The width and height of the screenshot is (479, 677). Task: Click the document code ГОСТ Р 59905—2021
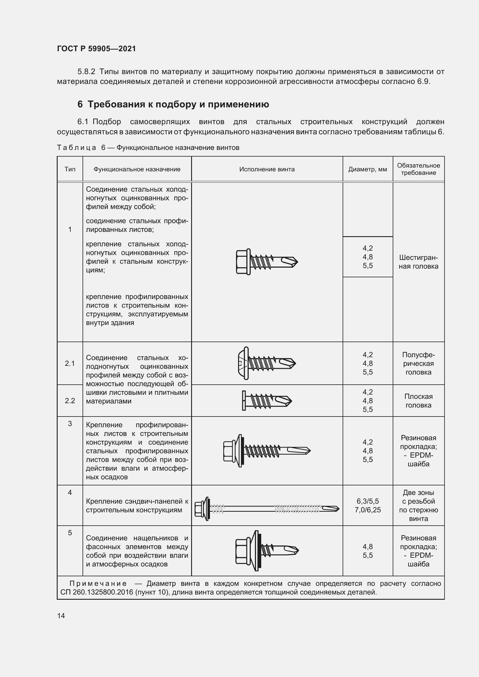point(96,49)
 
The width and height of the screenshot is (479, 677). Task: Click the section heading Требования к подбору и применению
point(178,104)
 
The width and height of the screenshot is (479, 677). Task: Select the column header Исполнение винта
point(267,169)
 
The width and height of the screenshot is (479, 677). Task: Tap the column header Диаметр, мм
point(367,169)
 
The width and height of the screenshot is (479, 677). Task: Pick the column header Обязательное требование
point(418,169)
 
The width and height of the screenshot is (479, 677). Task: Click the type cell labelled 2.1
point(70,363)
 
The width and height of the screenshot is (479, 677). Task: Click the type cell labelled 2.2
point(70,400)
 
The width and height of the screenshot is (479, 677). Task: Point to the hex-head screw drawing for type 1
point(267,262)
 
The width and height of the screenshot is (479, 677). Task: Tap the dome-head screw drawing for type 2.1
point(266,363)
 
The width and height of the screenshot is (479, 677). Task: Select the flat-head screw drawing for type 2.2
point(267,400)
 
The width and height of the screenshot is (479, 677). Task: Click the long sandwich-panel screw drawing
point(267,509)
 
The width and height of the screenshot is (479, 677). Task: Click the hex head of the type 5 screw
point(242,551)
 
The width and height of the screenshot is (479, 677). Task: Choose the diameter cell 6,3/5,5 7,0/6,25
point(368,505)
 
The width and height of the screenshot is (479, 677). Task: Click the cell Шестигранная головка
point(418,262)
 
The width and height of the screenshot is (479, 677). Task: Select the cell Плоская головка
point(418,401)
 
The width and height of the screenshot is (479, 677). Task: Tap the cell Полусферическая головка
point(418,363)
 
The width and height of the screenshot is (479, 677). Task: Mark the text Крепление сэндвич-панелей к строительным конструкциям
point(137,505)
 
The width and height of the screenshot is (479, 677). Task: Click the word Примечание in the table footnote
point(98,584)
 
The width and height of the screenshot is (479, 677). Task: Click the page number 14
point(61,616)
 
